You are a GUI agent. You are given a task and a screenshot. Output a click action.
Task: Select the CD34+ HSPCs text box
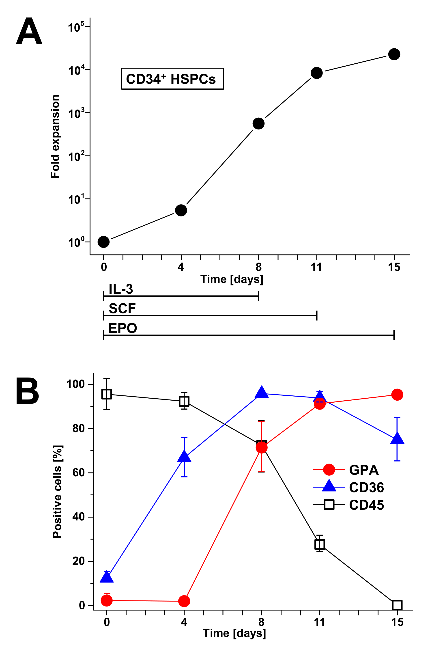pos(172,79)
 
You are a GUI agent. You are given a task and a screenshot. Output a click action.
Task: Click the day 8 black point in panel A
pos(258,123)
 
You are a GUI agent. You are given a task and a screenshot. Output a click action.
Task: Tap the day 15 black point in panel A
pos(394,54)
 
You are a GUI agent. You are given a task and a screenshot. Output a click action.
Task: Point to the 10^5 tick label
pos(75,28)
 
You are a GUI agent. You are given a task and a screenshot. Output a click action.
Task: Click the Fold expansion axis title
pos(55,136)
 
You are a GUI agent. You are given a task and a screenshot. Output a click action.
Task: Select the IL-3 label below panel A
pos(121,289)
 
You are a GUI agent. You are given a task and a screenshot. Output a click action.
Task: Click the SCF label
pos(122,309)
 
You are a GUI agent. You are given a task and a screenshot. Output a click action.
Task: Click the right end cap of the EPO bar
pos(394,335)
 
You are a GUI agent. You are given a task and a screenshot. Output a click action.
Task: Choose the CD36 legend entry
pos(366,488)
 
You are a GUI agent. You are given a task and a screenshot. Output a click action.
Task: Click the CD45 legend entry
pos(366,505)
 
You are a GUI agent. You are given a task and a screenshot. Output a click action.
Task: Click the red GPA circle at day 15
pos(397,395)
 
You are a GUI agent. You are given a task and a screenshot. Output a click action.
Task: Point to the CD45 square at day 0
pos(107,394)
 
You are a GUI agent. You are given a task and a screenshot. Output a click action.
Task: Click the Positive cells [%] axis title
pos(57,492)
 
